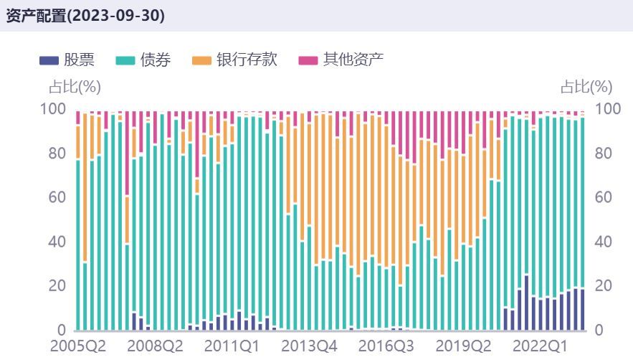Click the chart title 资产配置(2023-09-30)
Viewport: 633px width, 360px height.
tap(85, 16)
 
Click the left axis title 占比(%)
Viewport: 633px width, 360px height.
tap(75, 87)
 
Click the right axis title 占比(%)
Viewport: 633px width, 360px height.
tap(586, 87)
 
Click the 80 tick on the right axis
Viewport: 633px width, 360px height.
tap(605, 153)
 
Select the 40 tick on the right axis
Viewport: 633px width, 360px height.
tap(605, 242)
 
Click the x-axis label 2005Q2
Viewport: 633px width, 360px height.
tap(77, 346)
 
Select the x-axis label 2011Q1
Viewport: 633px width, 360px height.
tap(232, 346)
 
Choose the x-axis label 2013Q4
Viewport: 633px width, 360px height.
tap(309, 346)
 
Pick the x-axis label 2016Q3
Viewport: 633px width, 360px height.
tap(387, 346)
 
